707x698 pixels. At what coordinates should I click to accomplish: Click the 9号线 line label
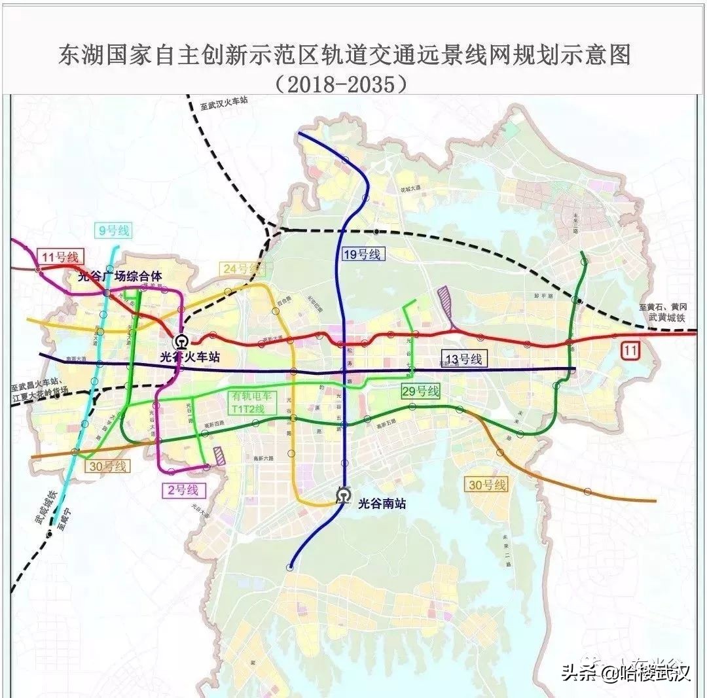[x=115, y=230]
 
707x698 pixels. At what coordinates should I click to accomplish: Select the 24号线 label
[x=240, y=268]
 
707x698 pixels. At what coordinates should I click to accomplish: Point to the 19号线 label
[x=361, y=254]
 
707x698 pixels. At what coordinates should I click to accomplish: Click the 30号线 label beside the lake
[x=487, y=485]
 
